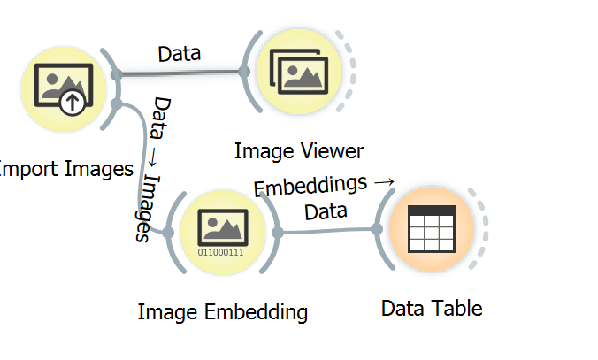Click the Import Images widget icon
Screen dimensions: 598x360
coord(64,89)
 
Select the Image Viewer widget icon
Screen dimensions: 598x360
coord(299,72)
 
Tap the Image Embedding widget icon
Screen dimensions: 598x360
coord(223,232)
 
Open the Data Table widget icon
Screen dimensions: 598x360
coord(432,229)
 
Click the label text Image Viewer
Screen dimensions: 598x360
coord(299,151)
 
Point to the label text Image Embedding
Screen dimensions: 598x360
coord(223,312)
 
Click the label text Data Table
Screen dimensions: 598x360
coord(432,308)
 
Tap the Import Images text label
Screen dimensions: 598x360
coord(65,169)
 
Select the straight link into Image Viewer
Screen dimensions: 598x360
coord(180,73)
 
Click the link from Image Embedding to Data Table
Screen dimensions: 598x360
coord(327,231)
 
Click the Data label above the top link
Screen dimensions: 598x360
coord(180,54)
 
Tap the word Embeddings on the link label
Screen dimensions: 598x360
coord(310,186)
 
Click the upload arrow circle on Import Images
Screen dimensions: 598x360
coord(73,102)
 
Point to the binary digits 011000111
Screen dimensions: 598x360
coord(220,252)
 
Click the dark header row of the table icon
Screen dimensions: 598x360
coord(432,211)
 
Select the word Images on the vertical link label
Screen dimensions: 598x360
coord(148,209)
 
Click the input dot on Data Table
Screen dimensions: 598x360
coord(377,229)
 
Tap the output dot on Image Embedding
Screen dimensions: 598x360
coord(278,232)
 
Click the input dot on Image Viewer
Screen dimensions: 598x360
coord(244,72)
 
